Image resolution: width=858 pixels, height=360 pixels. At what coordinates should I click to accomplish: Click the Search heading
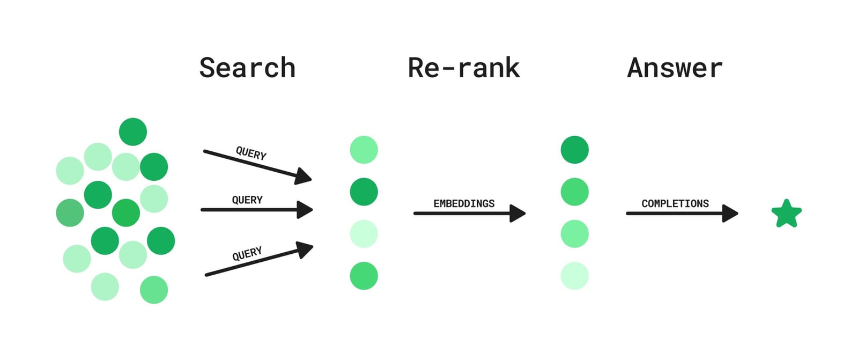click(x=247, y=68)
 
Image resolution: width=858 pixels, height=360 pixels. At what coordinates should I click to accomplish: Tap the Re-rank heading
click(x=463, y=68)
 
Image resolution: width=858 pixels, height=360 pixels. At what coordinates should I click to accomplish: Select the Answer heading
click(x=675, y=68)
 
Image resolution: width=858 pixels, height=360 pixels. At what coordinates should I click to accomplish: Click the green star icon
click(x=786, y=214)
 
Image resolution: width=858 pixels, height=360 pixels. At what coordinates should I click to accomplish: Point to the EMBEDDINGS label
click(x=464, y=203)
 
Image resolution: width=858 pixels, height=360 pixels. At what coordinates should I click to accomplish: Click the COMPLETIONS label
click(x=675, y=203)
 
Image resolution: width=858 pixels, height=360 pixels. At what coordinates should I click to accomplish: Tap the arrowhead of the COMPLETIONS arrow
click(x=730, y=214)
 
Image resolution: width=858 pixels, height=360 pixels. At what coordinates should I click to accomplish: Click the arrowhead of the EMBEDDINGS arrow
click(x=517, y=214)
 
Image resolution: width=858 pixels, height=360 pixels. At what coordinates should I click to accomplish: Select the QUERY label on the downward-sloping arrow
click(x=251, y=154)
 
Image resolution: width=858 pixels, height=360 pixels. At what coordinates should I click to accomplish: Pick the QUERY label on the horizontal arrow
click(x=247, y=200)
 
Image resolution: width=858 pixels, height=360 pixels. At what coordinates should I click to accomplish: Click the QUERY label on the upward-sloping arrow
click(x=247, y=253)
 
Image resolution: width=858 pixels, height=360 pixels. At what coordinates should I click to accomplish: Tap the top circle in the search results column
click(x=364, y=150)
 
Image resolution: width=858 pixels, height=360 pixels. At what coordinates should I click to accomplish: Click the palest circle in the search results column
click(x=364, y=234)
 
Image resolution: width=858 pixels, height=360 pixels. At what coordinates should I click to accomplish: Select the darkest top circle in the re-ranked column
click(x=574, y=150)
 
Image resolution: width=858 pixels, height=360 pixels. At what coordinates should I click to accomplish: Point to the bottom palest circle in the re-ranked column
click(x=574, y=276)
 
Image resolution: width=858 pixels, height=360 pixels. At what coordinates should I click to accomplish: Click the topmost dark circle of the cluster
click(x=133, y=131)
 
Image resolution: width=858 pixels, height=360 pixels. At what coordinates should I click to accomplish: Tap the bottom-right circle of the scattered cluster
click(x=154, y=290)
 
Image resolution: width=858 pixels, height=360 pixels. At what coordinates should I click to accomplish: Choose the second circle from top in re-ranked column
click(x=574, y=192)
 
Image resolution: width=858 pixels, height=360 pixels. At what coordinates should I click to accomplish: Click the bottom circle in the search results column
click(x=364, y=276)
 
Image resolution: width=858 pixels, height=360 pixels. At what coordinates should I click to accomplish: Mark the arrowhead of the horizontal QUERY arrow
click(x=305, y=209)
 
